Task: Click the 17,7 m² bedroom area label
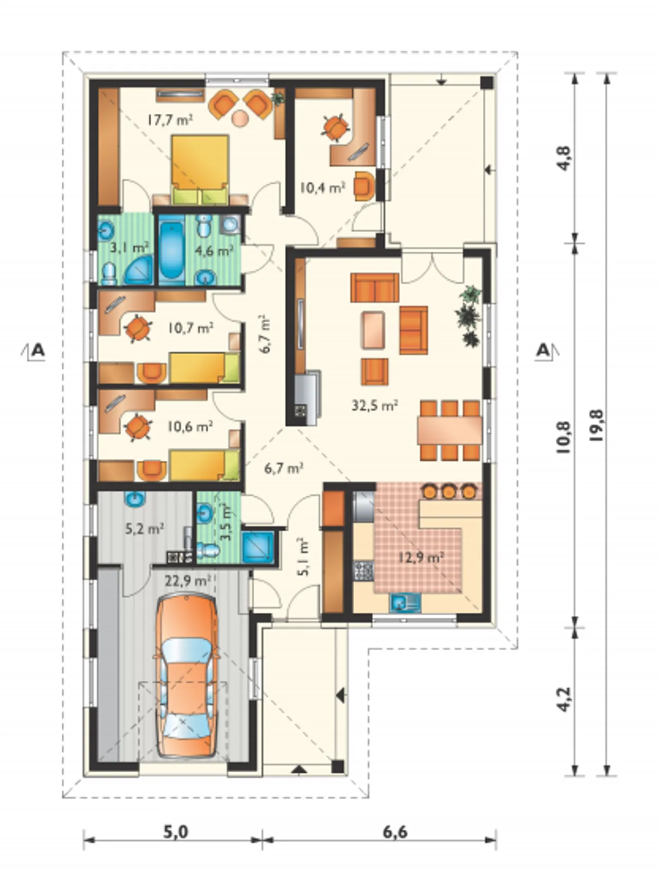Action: (x=170, y=120)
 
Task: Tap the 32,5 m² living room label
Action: (x=375, y=405)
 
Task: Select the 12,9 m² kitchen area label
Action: (x=422, y=556)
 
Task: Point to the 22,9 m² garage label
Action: (x=186, y=581)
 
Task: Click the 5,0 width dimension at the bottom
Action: (x=176, y=832)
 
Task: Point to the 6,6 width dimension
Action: (x=395, y=832)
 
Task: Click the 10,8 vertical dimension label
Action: (x=565, y=437)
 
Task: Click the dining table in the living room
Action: (x=450, y=429)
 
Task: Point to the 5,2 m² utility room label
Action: (x=145, y=528)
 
